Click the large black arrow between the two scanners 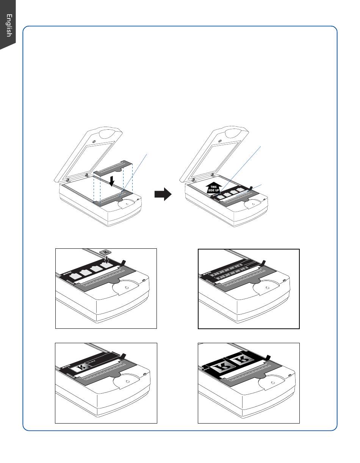coord(163,194)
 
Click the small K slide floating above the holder coord(105,252)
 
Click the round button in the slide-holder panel coord(126,287)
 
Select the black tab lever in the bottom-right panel coord(268,357)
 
